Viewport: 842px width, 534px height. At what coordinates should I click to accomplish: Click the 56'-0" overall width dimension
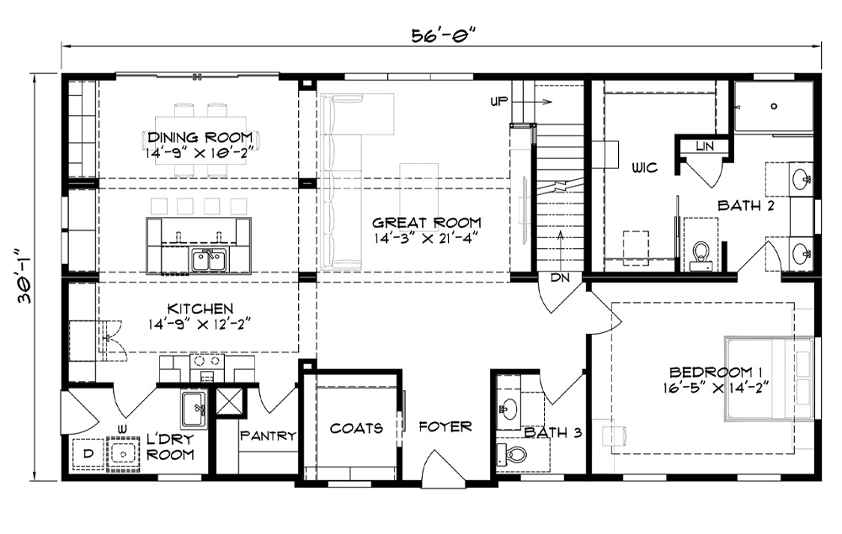tap(444, 35)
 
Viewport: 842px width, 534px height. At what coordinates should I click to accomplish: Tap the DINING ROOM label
tap(200, 137)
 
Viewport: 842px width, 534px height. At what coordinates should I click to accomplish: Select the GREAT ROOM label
tap(427, 222)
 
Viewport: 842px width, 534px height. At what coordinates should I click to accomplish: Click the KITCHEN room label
tap(200, 309)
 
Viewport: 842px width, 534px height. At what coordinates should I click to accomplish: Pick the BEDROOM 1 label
tap(717, 372)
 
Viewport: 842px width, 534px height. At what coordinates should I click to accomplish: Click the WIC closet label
tap(644, 168)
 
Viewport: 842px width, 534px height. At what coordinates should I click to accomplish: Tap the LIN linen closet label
tap(705, 145)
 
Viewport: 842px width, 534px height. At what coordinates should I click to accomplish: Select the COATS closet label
tap(356, 428)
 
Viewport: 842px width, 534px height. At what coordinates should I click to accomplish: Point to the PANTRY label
tap(268, 436)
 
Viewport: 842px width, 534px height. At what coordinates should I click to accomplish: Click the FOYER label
tap(445, 426)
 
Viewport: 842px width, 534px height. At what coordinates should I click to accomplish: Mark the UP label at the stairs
tap(498, 101)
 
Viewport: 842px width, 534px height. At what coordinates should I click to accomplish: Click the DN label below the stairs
tap(560, 278)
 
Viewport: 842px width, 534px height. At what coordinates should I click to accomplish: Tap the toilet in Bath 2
tap(701, 256)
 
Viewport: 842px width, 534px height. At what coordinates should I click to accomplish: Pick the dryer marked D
tap(88, 454)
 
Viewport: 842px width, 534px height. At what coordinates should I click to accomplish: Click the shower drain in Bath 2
tap(774, 106)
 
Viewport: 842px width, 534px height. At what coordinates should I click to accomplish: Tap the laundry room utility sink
tap(194, 410)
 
